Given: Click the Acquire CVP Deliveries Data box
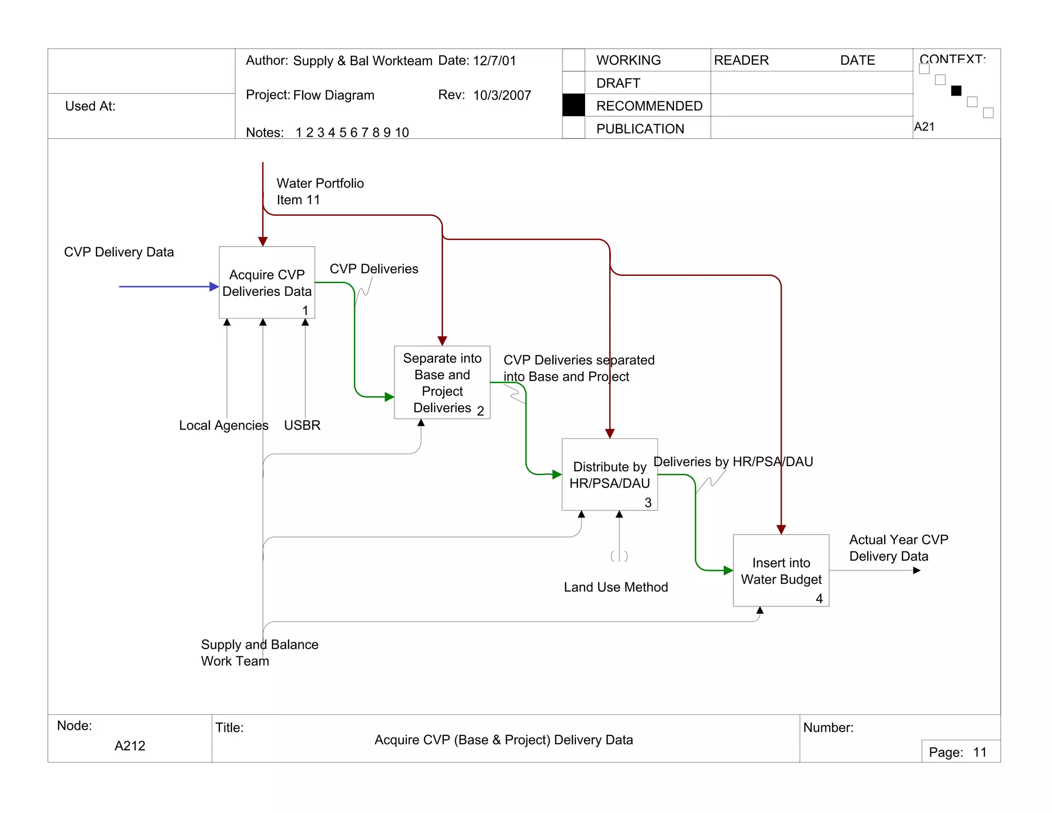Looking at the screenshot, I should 267,282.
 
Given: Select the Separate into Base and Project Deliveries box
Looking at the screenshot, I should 442,382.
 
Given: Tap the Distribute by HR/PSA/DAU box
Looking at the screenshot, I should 609,474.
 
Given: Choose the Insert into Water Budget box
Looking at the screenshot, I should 781,570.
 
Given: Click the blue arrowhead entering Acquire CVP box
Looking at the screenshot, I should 214,287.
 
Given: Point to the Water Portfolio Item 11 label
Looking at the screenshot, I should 320,192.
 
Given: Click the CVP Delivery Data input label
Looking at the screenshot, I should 119,252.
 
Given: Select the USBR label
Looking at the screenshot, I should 302,426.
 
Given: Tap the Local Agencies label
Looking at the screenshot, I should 223,426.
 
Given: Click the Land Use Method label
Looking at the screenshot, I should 615,587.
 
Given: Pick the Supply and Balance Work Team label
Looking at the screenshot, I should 259,653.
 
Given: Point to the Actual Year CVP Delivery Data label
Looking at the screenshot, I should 898,548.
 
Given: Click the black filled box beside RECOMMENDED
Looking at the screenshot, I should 573,105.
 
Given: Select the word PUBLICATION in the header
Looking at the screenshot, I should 640,129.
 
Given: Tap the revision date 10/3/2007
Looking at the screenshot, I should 502,96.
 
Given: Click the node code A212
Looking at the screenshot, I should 130,746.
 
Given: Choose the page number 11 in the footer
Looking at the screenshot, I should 980,752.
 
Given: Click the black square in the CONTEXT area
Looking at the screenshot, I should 956,91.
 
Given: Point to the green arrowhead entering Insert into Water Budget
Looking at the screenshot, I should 728,570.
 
